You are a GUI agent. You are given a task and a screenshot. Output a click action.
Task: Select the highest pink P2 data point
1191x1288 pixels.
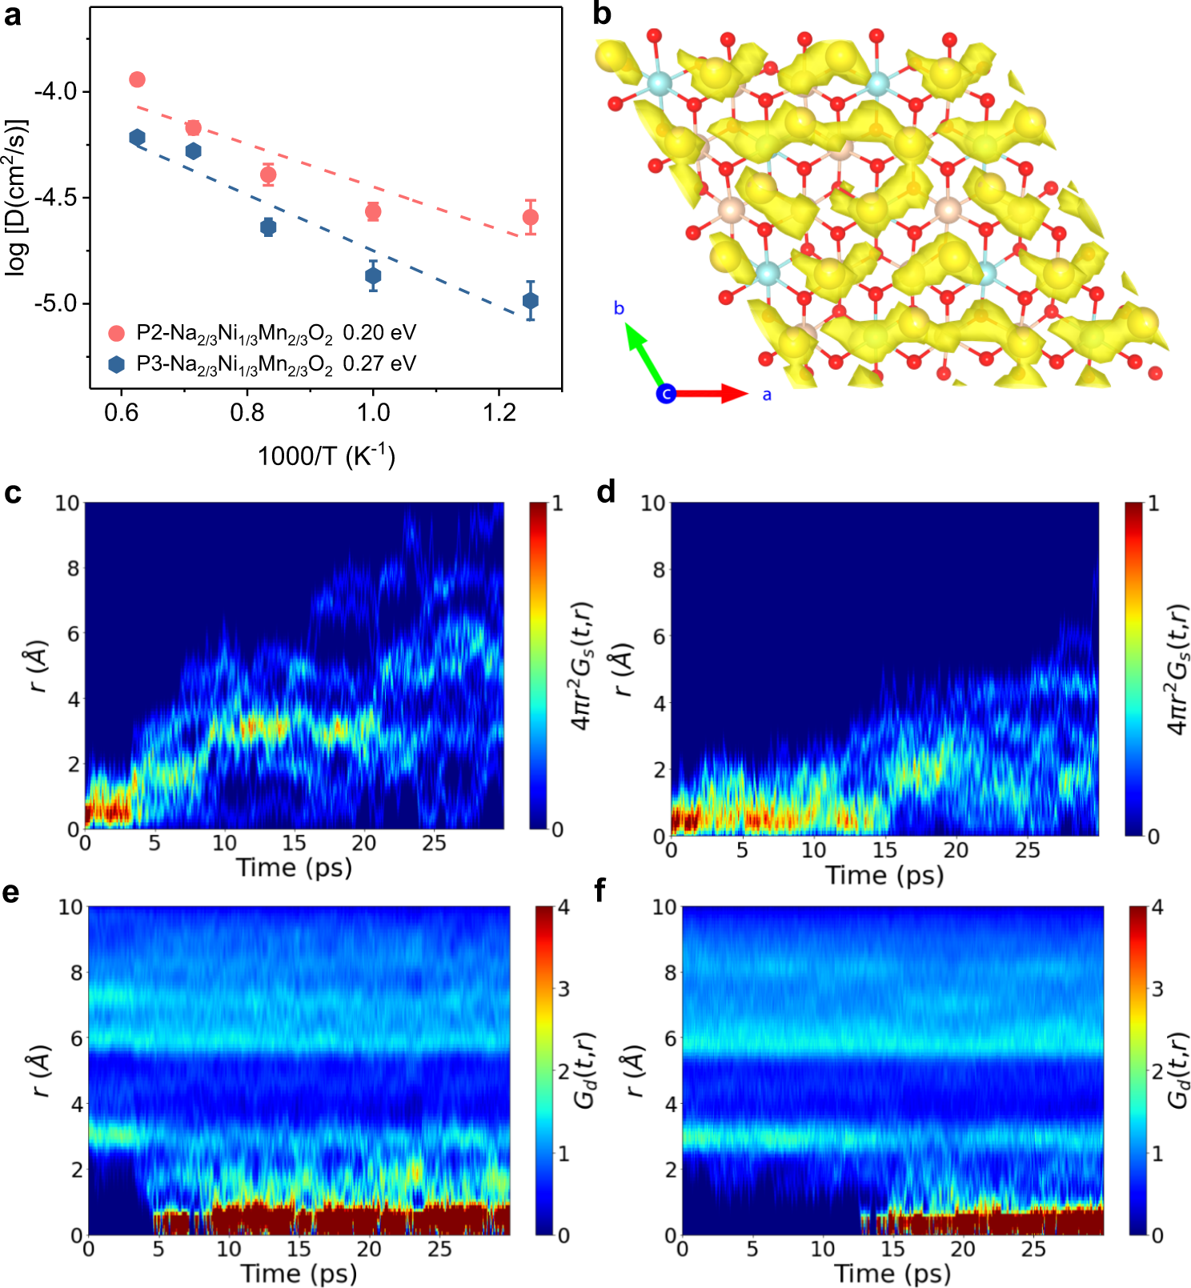(x=137, y=79)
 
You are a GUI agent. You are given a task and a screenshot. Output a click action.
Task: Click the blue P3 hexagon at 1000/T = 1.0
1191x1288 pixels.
(x=373, y=276)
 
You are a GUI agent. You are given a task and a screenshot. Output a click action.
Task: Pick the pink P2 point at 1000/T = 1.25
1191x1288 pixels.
(x=531, y=217)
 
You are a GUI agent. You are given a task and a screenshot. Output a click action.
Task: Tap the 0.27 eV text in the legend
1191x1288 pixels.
(x=379, y=364)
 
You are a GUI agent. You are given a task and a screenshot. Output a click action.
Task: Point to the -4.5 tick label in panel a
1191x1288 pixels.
(x=55, y=198)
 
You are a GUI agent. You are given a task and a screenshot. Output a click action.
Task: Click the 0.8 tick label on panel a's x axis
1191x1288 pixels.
(x=247, y=413)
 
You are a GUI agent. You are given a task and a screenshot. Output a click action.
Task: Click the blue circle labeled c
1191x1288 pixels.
(x=666, y=393)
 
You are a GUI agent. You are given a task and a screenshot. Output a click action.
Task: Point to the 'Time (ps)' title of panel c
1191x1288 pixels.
(x=294, y=867)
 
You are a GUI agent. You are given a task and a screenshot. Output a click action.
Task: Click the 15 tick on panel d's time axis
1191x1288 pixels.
(x=884, y=850)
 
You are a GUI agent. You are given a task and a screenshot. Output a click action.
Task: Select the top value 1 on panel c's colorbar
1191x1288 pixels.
(x=558, y=504)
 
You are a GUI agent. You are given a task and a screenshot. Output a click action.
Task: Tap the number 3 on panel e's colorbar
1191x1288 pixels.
(x=564, y=989)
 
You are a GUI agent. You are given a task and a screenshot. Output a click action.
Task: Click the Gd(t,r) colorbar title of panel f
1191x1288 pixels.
(x=1177, y=1069)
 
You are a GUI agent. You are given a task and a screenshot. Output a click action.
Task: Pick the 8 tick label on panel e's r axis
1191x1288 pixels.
(x=76, y=973)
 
